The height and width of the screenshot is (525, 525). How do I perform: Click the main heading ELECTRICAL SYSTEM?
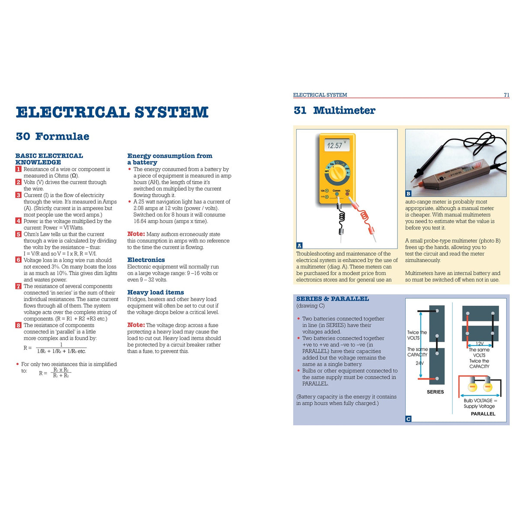[x=112, y=112]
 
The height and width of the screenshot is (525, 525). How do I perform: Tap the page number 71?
[x=506, y=95]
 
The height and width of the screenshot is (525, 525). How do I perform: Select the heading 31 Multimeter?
[x=334, y=110]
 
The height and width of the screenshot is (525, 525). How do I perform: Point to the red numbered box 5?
[x=18, y=234]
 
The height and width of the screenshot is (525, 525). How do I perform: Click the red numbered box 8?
[x=18, y=325]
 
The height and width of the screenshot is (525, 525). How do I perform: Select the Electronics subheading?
[x=146, y=260]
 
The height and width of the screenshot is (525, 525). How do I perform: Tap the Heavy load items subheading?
[x=155, y=292]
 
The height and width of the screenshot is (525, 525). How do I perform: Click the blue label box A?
[x=299, y=245]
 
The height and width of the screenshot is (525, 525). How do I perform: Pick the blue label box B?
[x=408, y=194]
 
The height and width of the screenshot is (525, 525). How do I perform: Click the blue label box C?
[x=408, y=419]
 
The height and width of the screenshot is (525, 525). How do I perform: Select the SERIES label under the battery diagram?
[x=435, y=392]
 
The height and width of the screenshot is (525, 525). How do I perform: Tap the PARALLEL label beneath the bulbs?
[x=483, y=414]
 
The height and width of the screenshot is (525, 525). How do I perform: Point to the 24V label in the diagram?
[x=419, y=363]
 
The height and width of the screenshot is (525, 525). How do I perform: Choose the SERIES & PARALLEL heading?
[x=332, y=299]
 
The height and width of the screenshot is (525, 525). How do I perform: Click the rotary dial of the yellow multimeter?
[x=336, y=171]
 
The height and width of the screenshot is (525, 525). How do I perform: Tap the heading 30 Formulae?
[x=52, y=136]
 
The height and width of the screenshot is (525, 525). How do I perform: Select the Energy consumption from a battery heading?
[x=170, y=159]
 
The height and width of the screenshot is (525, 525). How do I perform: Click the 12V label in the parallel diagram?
[x=479, y=344]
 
